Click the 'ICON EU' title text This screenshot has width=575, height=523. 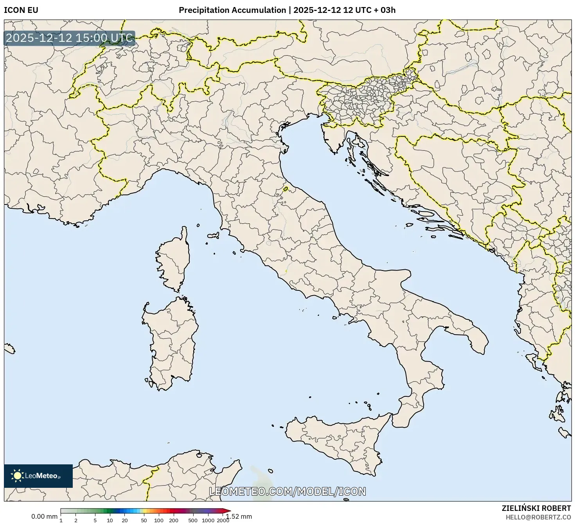(x=21, y=10)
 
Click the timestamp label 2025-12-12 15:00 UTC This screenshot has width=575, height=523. (x=69, y=38)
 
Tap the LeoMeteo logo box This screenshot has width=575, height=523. (x=38, y=476)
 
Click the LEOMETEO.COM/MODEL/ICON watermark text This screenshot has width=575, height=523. (x=287, y=491)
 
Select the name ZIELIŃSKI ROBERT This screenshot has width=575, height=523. (x=536, y=508)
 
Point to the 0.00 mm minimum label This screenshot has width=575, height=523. (x=44, y=516)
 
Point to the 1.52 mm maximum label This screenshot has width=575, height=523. (x=240, y=516)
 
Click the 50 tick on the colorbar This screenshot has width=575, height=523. (x=144, y=520)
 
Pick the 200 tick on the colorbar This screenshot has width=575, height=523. (x=174, y=520)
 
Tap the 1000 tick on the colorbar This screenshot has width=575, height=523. (x=208, y=520)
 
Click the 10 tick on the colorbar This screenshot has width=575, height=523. (x=110, y=520)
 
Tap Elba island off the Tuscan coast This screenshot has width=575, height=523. (x=214, y=236)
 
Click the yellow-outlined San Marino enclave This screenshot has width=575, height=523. (x=286, y=189)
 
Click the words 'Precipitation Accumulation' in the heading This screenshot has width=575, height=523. (x=232, y=10)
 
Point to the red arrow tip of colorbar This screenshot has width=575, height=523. (x=228, y=511)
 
